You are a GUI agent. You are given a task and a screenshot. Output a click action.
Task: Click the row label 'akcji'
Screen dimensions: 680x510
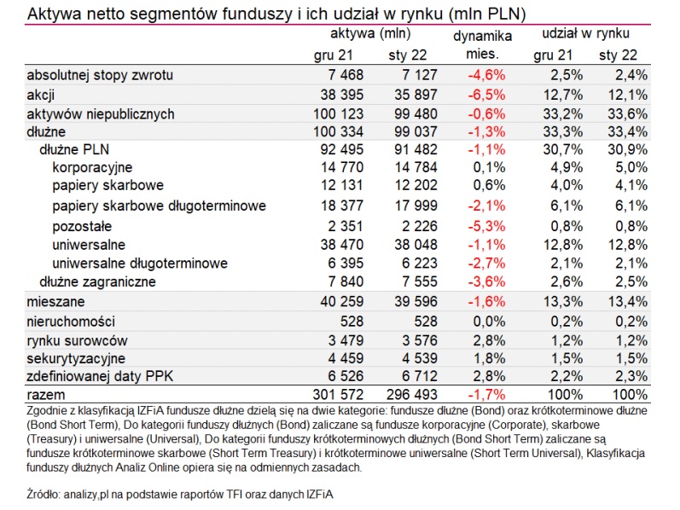(41, 95)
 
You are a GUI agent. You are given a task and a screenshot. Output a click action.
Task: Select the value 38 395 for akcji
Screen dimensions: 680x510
(342, 95)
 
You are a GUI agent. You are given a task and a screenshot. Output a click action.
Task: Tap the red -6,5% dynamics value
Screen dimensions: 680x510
(486, 95)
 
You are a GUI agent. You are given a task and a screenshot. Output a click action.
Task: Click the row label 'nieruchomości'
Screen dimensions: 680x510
(71, 322)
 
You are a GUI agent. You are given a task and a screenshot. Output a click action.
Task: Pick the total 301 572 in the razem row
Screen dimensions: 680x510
(338, 395)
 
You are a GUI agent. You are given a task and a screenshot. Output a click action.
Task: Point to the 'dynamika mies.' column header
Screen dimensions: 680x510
(483, 45)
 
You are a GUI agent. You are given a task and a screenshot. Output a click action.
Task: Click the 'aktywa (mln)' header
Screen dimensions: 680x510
(370, 33)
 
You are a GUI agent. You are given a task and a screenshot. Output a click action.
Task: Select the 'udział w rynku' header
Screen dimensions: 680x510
(586, 33)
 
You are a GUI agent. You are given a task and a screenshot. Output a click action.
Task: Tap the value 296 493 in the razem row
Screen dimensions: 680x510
(412, 395)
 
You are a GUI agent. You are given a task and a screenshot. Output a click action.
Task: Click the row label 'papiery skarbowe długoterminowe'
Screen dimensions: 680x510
(160, 206)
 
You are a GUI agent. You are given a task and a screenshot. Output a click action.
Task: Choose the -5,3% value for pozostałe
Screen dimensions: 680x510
(486, 226)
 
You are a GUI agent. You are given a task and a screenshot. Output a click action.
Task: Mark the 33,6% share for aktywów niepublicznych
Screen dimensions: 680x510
(627, 114)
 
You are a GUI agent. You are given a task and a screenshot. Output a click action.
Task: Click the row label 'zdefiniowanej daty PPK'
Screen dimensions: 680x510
(100, 376)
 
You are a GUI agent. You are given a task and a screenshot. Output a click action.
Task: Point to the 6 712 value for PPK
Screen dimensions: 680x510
(420, 376)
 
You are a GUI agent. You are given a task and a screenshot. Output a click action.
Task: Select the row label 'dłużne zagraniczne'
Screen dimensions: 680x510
(97, 282)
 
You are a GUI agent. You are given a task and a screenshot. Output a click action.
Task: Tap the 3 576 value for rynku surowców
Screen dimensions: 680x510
(420, 340)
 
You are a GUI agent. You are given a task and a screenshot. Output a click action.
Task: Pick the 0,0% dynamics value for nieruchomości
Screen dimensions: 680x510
(489, 322)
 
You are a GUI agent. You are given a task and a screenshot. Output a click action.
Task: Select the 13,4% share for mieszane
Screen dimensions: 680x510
(627, 301)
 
